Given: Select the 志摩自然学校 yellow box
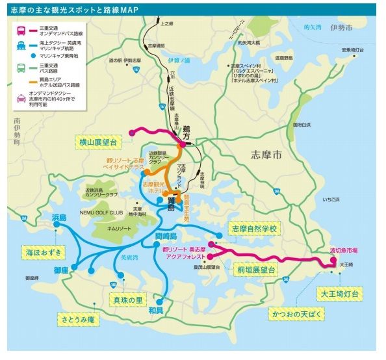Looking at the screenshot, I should click(254, 229).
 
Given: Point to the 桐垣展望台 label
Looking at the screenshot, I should click(253, 269).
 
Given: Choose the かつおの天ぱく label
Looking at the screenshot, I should click(289, 314).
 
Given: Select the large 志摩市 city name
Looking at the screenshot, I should click(272, 155).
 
